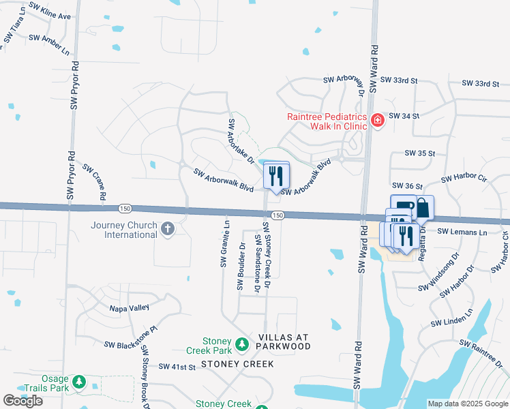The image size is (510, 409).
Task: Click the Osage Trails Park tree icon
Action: pyautogui.click(x=80, y=383)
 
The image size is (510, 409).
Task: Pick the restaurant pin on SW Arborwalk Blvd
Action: pyautogui.click(x=276, y=176)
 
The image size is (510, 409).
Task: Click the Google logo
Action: pyautogui.click(x=22, y=401)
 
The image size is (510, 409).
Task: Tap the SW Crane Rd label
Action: pyautogui.click(x=94, y=181)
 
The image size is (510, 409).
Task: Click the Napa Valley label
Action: pyautogui.click(x=130, y=308)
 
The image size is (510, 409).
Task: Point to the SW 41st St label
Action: pyautogui.click(x=177, y=367)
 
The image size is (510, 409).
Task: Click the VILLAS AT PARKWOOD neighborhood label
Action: pyautogui.click(x=284, y=342)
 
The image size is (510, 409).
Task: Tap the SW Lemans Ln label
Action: pyautogui.click(x=462, y=232)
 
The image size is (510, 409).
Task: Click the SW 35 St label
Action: pyautogui.click(x=419, y=153)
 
